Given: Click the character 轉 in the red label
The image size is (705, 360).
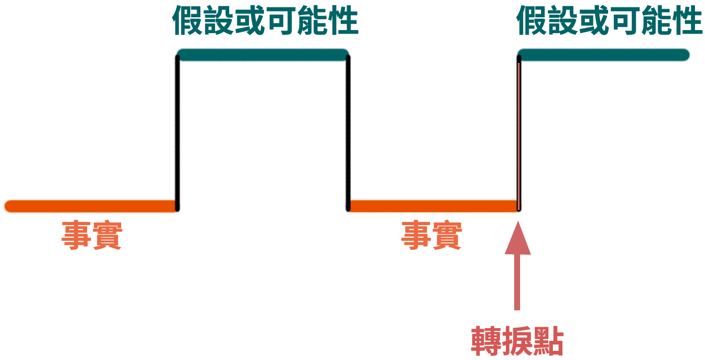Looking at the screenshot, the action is [x=486, y=341].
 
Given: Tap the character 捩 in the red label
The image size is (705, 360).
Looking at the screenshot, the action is [x=517, y=341].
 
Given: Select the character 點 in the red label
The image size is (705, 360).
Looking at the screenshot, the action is [x=548, y=341].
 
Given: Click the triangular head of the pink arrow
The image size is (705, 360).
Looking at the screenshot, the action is [x=518, y=238].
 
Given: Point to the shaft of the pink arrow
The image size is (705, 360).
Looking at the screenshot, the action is [x=517, y=282].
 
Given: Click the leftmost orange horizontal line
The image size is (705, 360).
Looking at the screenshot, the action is [x=91, y=206].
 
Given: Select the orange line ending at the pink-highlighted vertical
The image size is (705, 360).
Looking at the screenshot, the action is [x=434, y=206].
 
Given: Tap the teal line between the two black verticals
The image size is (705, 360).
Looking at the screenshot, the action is [x=263, y=55].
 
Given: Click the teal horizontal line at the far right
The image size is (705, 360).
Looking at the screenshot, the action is [x=603, y=55].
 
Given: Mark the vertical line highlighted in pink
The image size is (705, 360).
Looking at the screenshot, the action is [x=519, y=133].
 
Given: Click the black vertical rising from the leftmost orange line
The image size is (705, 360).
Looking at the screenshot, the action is [x=178, y=133].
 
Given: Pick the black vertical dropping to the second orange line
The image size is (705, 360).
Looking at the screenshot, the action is [x=348, y=133].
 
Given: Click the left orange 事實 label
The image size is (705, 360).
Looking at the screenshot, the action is [x=92, y=235].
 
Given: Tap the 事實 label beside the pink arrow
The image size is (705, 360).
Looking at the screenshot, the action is [x=431, y=235].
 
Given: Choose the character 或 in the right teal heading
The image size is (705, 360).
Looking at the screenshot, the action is [x=594, y=21].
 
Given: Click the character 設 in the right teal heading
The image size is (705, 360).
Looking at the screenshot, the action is [x=563, y=21].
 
